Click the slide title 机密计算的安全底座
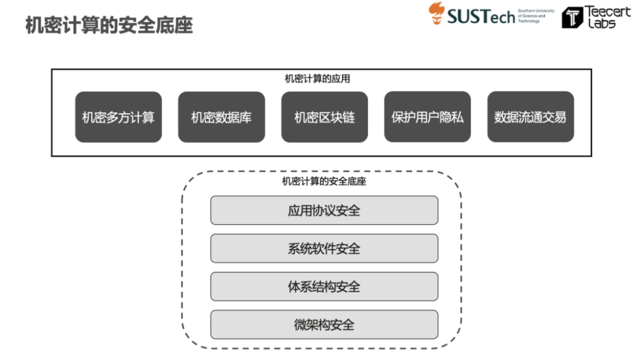click(109, 25)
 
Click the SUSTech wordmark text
click(481, 17)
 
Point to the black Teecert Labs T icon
click(572, 18)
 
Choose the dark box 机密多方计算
click(118, 117)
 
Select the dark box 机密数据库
click(221, 117)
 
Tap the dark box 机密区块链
click(324, 117)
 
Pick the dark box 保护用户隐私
click(427, 117)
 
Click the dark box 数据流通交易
click(530, 117)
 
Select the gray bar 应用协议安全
click(324, 211)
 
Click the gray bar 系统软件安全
click(324, 248)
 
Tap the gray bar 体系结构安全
click(324, 287)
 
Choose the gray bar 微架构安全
click(324, 325)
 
